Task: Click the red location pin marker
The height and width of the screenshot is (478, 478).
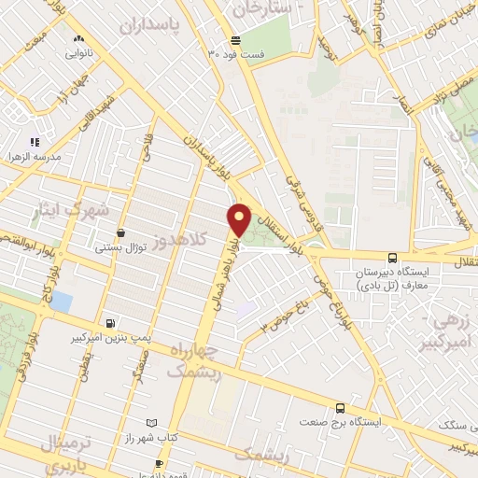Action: click(239, 219)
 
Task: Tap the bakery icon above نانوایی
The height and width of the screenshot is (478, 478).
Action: click(77, 40)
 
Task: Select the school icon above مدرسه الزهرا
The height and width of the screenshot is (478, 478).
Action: click(35, 142)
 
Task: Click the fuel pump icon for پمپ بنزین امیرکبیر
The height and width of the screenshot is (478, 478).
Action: click(111, 322)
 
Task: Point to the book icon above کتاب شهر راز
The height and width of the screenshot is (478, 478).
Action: click(153, 423)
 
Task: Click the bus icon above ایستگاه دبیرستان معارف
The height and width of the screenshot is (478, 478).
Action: click(392, 258)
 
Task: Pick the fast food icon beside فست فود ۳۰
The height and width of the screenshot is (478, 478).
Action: click(234, 41)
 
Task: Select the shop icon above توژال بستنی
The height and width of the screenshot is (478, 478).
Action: click(120, 234)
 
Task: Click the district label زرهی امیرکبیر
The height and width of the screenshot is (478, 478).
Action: click(452, 332)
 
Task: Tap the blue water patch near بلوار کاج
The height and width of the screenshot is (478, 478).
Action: click(61, 302)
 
